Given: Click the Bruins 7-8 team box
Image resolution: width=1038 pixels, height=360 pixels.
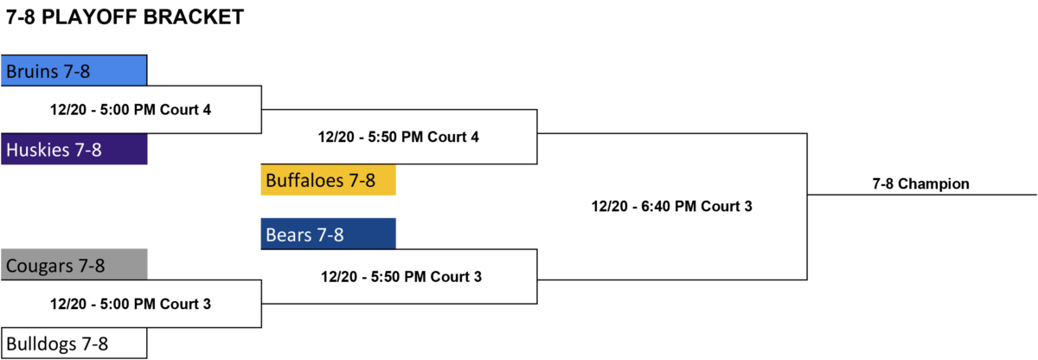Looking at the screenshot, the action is coord(74,70).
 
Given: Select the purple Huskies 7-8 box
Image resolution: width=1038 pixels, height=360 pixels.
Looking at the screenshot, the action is coord(74,149).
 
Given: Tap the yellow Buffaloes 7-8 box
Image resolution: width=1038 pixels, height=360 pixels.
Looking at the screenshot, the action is coord(328,180).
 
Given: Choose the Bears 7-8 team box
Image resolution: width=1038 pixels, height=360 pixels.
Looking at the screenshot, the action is coord(328,234).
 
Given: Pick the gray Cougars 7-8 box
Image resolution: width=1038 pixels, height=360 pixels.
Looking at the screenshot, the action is coord(74,265).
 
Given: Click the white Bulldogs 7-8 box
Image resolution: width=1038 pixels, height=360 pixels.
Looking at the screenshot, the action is coord(74,344).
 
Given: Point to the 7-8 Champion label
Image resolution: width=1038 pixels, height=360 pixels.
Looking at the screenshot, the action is coord(920,184).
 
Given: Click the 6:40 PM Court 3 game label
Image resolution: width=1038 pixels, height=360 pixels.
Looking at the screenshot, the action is coord(671,206).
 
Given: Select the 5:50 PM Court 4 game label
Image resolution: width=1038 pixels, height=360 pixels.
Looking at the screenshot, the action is coord(398,137).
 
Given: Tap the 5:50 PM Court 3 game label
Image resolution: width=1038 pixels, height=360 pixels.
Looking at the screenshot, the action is coord(401,277).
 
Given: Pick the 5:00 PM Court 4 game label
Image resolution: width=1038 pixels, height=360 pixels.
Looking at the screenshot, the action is coord(131,110).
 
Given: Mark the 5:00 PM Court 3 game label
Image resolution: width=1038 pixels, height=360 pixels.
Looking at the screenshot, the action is coord(131,304).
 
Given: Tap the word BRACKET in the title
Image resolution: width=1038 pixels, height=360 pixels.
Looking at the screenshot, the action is coord(193,17).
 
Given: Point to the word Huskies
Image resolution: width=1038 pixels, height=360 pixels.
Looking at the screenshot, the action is coord(37,150).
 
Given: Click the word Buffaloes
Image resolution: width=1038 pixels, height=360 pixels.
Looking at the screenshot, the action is coord(304,180).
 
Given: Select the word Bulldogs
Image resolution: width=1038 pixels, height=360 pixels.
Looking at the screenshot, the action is coord(42,344).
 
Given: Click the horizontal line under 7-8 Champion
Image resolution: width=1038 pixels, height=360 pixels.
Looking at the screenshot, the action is coord(922,195).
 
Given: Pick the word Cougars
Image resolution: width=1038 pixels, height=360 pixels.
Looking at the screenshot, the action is coord(40,266).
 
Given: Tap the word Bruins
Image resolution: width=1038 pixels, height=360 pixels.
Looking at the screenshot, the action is coord(32,71).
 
